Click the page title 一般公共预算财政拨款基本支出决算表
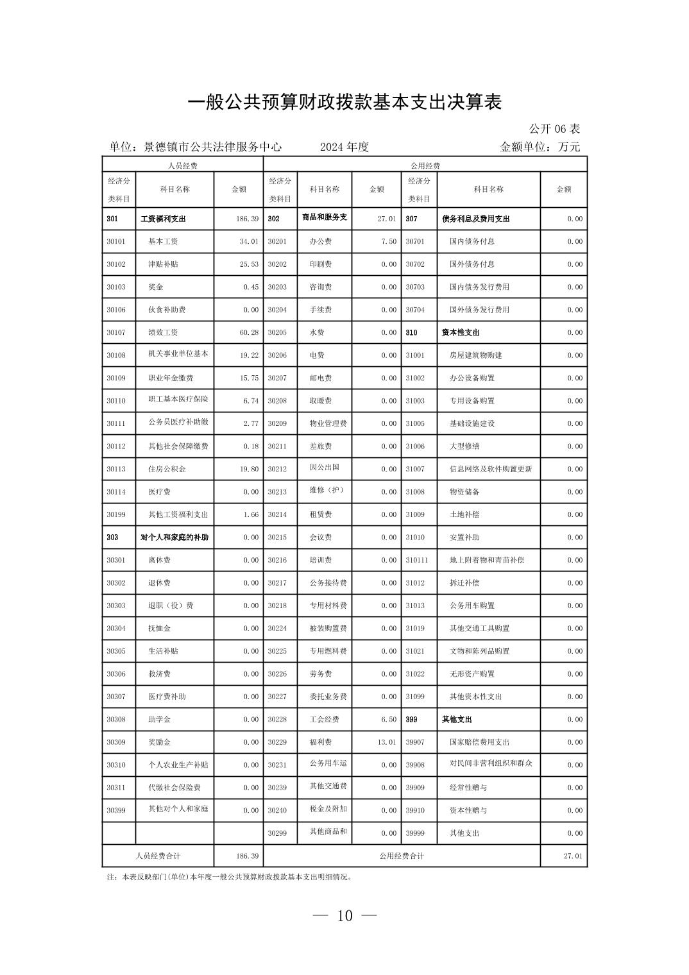[x=344, y=103]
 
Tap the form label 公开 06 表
[x=554, y=129]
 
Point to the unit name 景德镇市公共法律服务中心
[x=212, y=147]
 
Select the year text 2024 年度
[x=344, y=147]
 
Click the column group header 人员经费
[x=182, y=165]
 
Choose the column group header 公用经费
[x=425, y=165]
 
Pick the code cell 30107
[x=116, y=333]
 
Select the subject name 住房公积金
[x=167, y=470]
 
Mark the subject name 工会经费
[x=325, y=720]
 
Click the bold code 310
[x=411, y=333]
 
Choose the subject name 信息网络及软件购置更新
[x=491, y=470]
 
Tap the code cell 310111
[x=416, y=561]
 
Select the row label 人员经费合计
[x=158, y=856]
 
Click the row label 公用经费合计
[x=402, y=856]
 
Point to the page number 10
[x=344, y=916]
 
